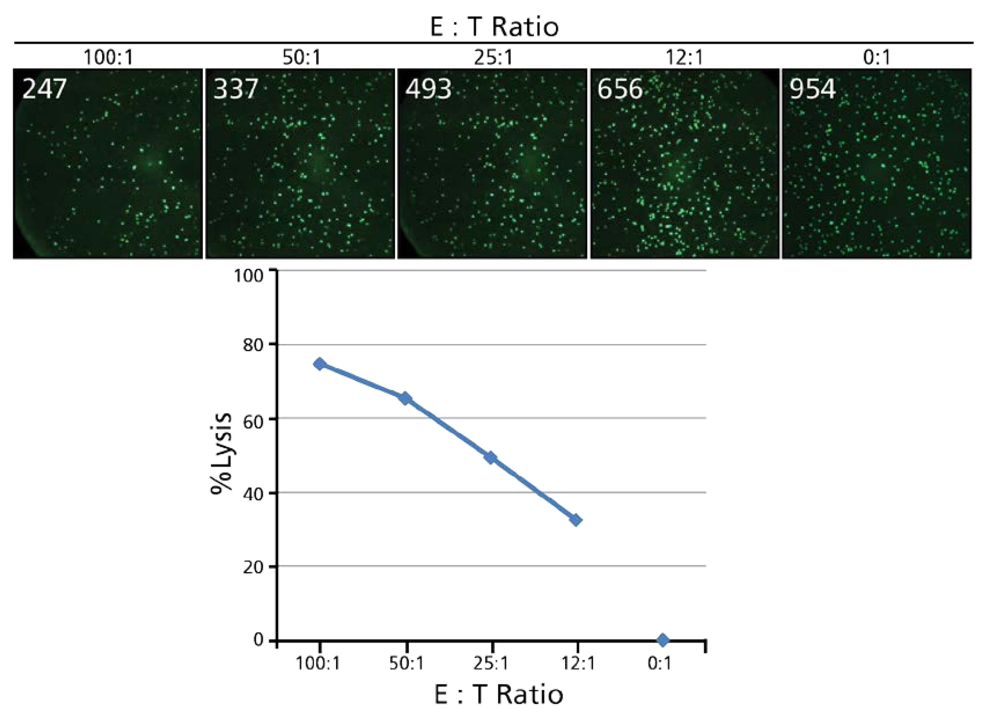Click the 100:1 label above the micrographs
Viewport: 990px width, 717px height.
point(108,58)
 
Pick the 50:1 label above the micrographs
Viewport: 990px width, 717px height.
point(301,58)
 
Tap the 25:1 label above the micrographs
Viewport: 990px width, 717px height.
point(493,58)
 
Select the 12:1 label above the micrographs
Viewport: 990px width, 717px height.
point(684,58)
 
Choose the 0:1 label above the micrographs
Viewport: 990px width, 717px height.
point(877,58)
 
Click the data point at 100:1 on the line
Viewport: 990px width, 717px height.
point(320,364)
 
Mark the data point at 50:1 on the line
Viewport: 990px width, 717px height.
point(405,398)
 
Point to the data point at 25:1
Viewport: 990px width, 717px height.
point(491,458)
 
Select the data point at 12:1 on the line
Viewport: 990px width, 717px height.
point(576,520)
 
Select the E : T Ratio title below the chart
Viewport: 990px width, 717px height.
point(498,695)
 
